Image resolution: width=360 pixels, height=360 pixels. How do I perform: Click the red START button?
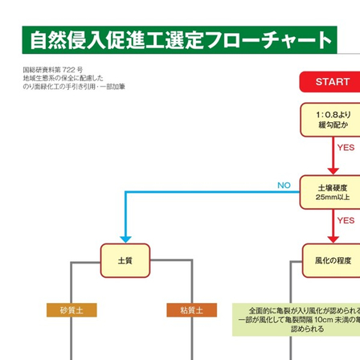point(331,82)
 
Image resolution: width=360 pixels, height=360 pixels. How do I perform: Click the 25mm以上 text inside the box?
point(331,198)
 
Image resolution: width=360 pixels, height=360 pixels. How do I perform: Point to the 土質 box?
point(125,260)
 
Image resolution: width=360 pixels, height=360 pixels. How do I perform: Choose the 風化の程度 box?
point(331,260)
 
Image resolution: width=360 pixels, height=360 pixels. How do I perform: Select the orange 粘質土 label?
point(191,310)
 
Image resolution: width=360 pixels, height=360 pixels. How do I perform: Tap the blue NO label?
point(284,186)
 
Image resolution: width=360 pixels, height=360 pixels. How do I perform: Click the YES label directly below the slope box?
point(346,148)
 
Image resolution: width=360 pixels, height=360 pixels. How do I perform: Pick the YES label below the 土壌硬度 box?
point(346,220)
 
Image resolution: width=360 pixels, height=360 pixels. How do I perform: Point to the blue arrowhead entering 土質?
point(125,239)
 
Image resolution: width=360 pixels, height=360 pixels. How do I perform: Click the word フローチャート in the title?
point(266,41)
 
